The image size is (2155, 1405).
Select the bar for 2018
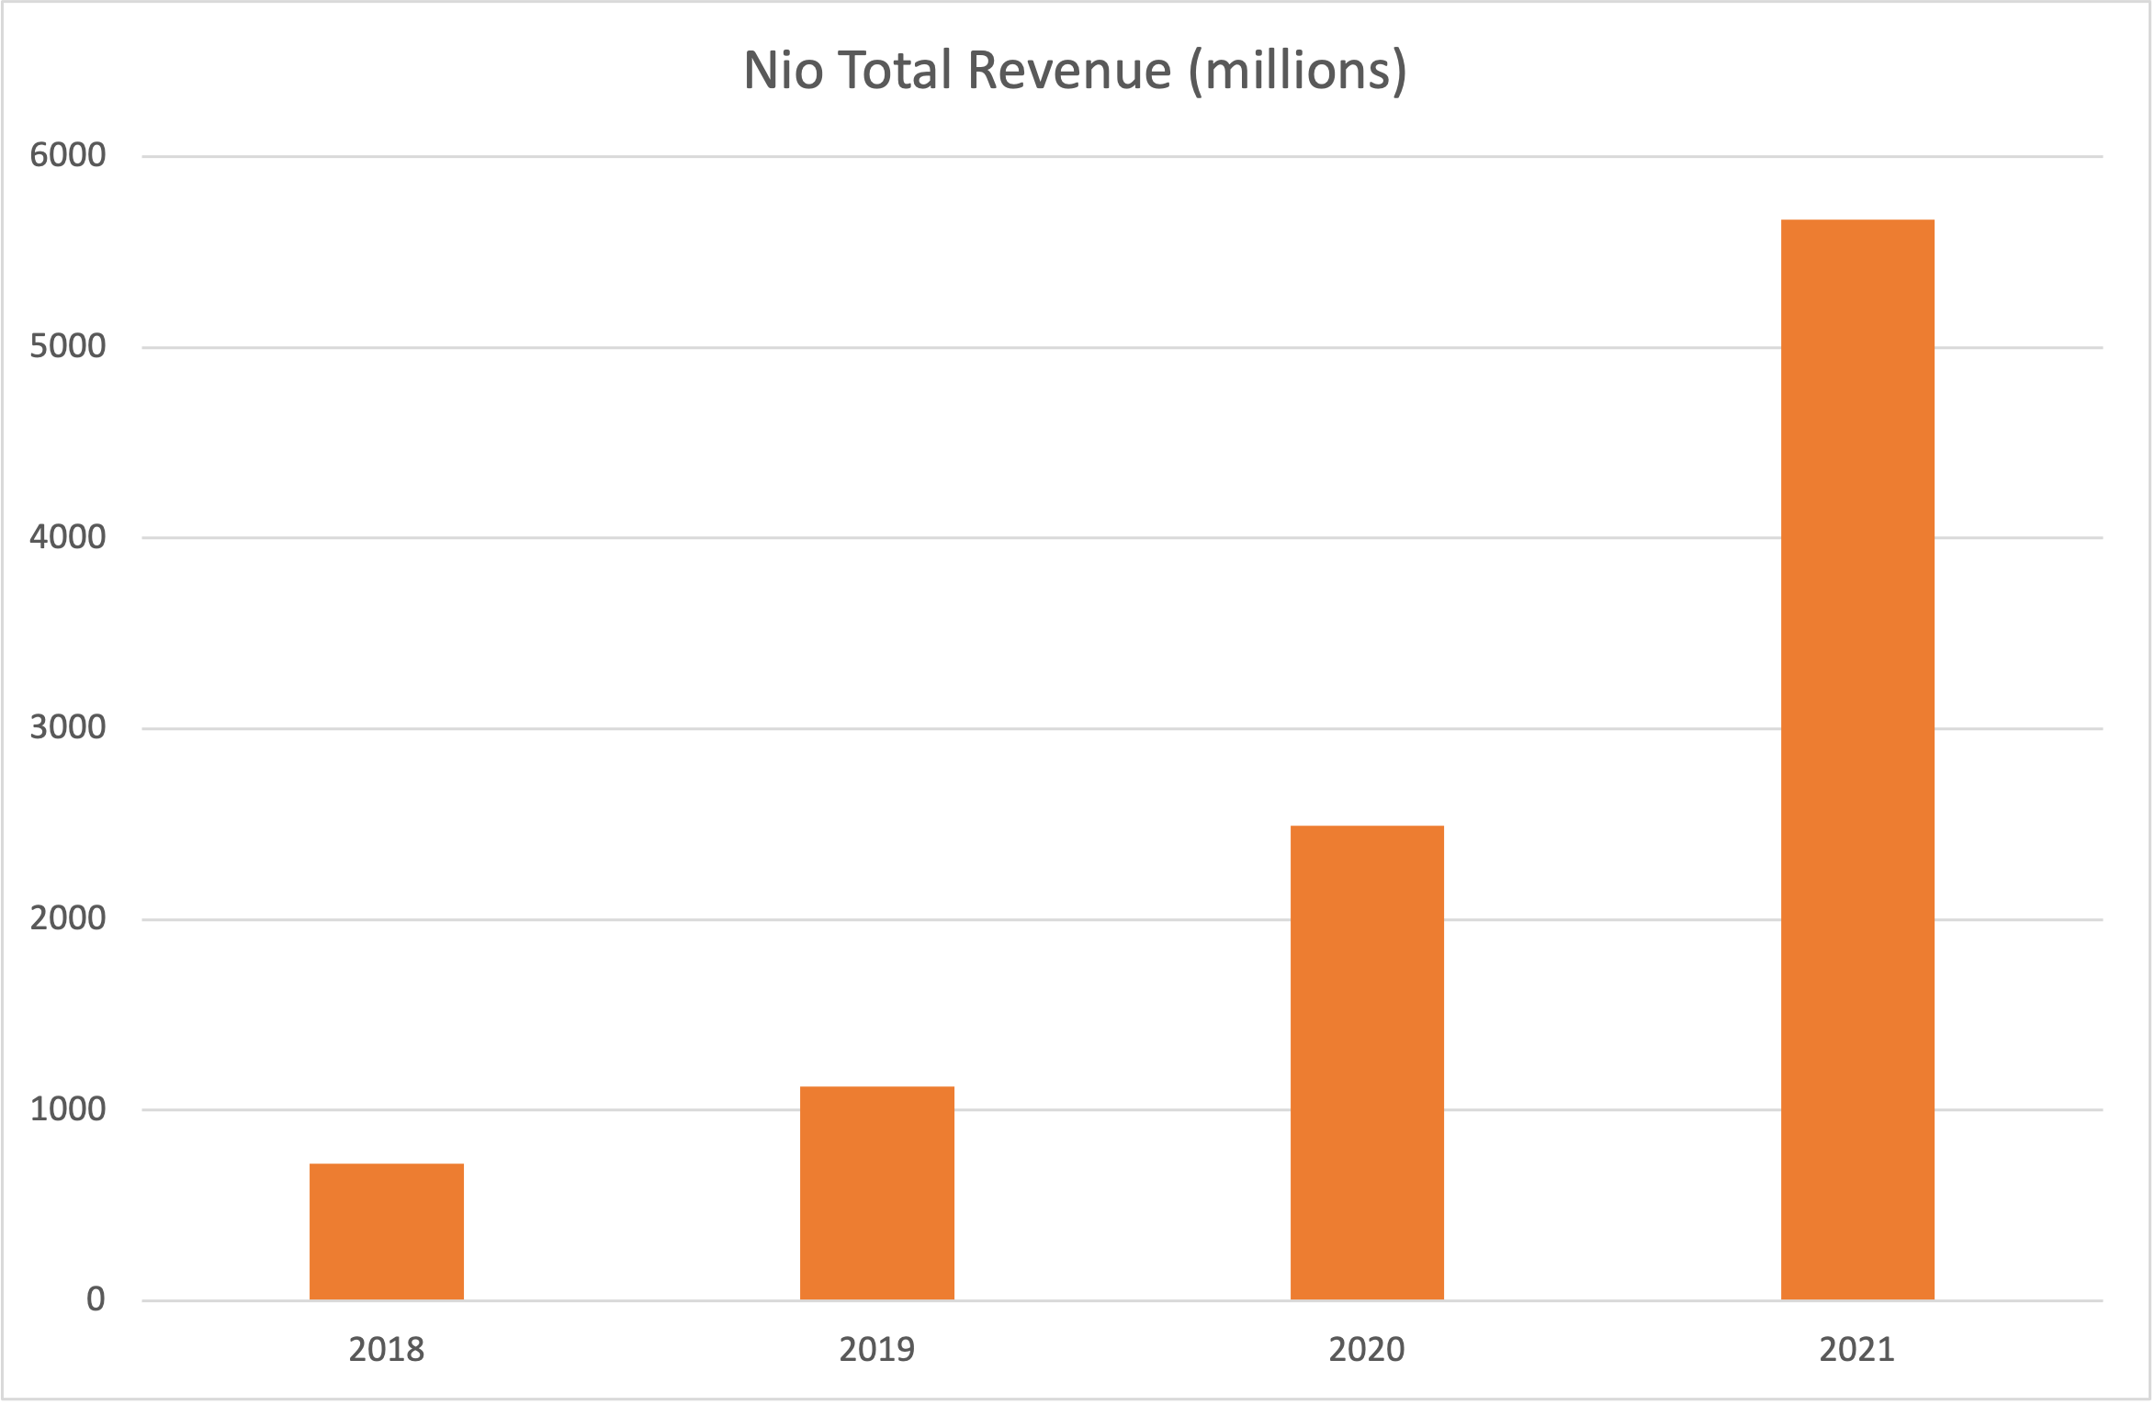pyautogui.click(x=386, y=1231)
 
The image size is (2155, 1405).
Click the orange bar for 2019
pyautogui.click(x=876, y=1193)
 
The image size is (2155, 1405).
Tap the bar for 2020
pyautogui.click(x=1367, y=1062)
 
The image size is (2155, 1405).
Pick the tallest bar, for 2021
pyautogui.click(x=1857, y=759)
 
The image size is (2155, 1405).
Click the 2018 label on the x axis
pyautogui.click(x=386, y=1349)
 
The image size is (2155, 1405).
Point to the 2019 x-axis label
pyautogui.click(x=876, y=1349)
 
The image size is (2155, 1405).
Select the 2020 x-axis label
pyautogui.click(x=1367, y=1349)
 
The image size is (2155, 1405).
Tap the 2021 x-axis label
pyautogui.click(x=1857, y=1349)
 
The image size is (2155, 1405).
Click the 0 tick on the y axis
pyautogui.click(x=96, y=1298)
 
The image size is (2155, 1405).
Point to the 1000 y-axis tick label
pyautogui.click(x=68, y=1108)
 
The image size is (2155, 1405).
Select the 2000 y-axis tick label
pyautogui.click(x=68, y=917)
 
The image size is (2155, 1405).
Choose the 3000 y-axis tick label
pyautogui.click(x=68, y=726)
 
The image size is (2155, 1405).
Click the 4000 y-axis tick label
pyautogui.click(x=68, y=536)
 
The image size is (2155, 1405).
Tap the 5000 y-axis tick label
pyautogui.click(x=68, y=345)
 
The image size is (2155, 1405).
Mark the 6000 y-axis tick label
pyautogui.click(x=68, y=154)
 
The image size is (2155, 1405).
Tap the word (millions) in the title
pyautogui.click(x=1297, y=72)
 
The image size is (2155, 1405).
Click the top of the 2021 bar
pyautogui.click(x=1857, y=221)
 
